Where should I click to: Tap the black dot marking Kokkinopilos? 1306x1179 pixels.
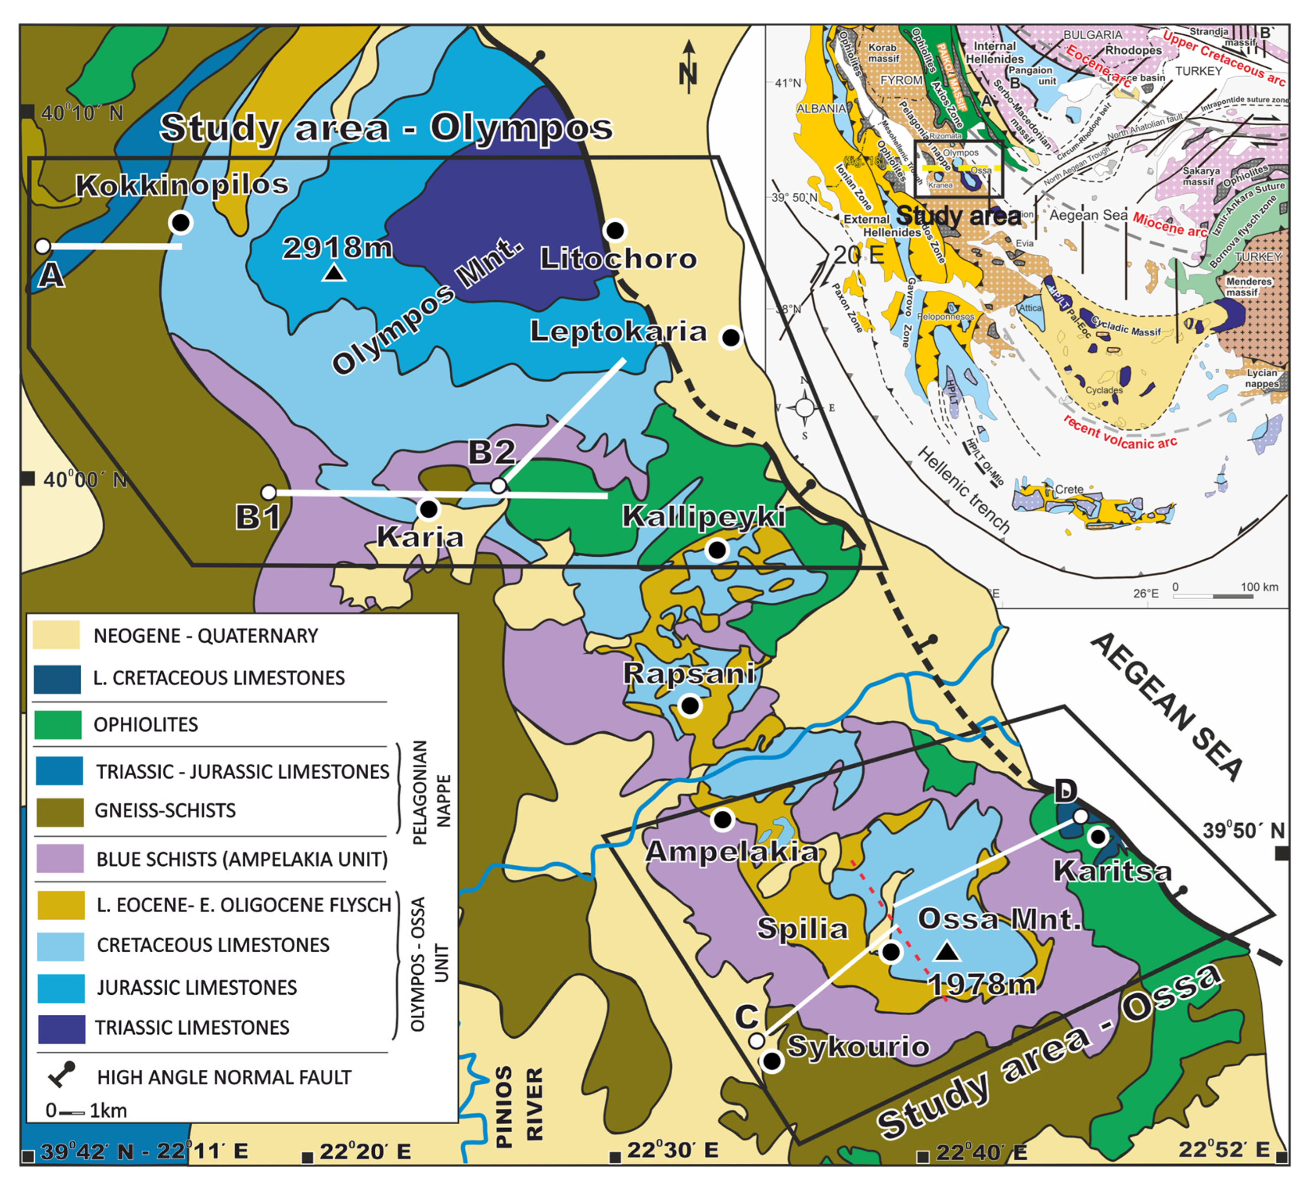coord(181,222)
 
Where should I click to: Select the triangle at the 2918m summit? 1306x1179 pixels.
coord(334,273)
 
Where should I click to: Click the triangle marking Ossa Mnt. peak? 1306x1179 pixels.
coord(947,951)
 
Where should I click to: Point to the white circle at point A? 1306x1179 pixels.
coord(43,246)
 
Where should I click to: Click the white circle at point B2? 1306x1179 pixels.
coord(498,486)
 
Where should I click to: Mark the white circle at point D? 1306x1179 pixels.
coord(1080,816)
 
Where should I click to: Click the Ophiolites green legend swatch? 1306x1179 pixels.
coord(58,724)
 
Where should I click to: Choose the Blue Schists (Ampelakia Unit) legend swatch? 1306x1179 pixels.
coord(60,858)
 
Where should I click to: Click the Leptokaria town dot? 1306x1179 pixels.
coord(731,338)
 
